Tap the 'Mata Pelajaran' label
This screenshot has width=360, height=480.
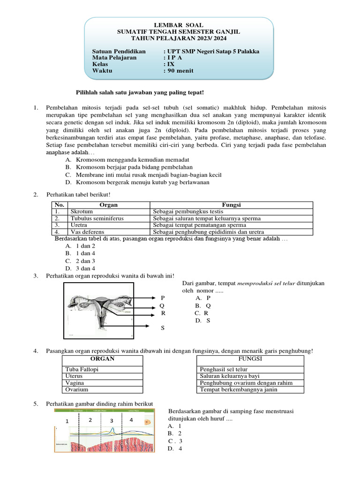[114, 58]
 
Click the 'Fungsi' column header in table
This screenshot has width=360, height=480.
[231, 205]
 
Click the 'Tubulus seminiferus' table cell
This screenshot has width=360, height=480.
[94, 218]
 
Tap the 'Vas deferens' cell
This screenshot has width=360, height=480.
[87, 232]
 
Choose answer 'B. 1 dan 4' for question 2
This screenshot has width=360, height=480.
[80, 253]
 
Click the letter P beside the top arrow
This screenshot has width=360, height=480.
[163, 298]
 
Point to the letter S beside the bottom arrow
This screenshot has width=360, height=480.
[163, 328]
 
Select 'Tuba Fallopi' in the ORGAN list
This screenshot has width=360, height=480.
[82, 369]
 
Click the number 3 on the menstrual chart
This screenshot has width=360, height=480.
[112, 421]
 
